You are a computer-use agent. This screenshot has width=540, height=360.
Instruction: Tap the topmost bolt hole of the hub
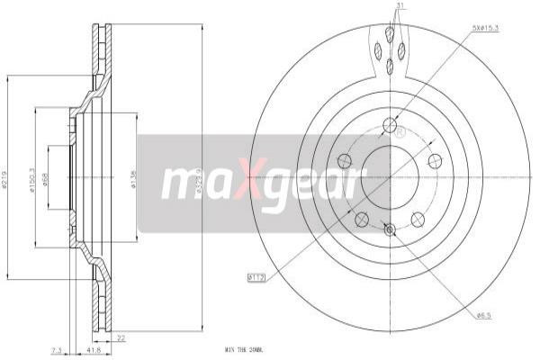point(390,125)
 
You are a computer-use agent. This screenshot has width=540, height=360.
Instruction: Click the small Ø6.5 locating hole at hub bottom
point(390,231)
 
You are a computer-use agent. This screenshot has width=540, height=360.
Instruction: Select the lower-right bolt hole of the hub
point(418,219)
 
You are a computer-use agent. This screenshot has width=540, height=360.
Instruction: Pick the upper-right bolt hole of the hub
point(435,161)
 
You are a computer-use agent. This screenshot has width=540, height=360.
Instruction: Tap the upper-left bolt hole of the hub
point(344,161)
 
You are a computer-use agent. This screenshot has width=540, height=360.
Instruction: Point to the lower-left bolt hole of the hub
point(361,219)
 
